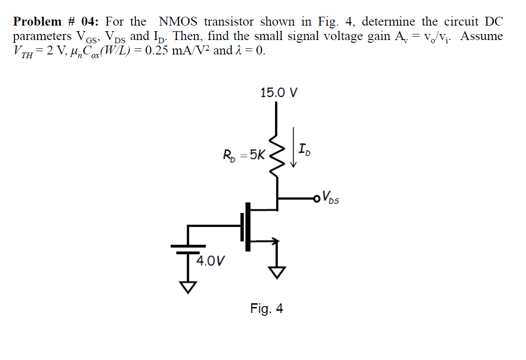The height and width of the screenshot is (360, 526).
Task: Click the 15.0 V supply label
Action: (279, 93)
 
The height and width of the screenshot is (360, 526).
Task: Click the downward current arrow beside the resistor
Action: (294, 147)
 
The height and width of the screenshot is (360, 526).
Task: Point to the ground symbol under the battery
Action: (189, 288)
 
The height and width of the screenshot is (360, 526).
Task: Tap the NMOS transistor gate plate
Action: (243, 227)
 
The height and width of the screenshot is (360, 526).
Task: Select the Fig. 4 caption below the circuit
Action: (266, 309)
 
